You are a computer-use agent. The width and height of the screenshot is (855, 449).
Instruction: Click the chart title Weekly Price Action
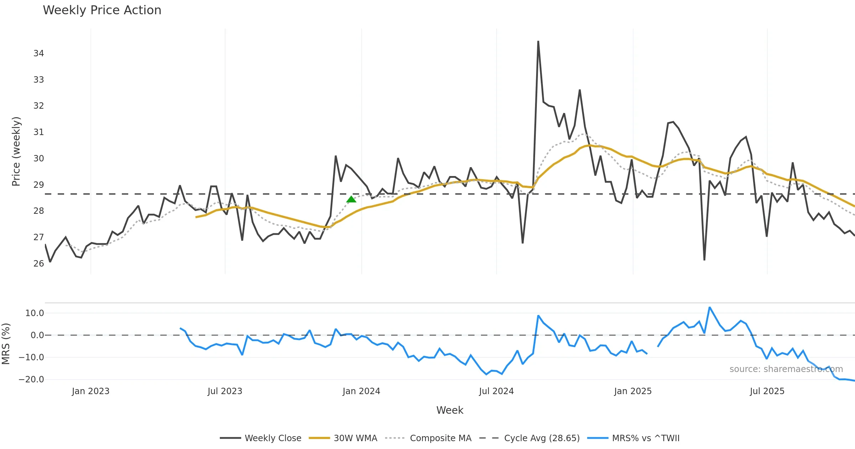pyautogui.click(x=102, y=10)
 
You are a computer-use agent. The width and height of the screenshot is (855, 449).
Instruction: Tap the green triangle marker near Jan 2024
pyautogui.click(x=351, y=200)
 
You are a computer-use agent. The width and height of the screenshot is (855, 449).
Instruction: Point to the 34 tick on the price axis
pyautogui.click(x=38, y=53)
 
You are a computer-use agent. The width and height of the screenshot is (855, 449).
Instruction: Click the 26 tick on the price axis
pyautogui.click(x=38, y=264)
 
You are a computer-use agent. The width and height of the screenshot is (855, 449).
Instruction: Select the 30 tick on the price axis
pyautogui.click(x=38, y=159)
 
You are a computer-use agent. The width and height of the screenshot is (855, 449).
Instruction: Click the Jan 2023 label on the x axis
pyautogui.click(x=90, y=391)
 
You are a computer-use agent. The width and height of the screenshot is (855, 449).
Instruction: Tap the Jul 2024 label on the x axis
pyautogui.click(x=496, y=391)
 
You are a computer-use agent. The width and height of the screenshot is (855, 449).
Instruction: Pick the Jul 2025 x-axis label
pyautogui.click(x=767, y=391)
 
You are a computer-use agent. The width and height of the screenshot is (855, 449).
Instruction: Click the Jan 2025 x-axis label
pyautogui.click(x=633, y=391)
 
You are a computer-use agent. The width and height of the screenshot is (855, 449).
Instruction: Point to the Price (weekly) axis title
pyautogui.click(x=16, y=151)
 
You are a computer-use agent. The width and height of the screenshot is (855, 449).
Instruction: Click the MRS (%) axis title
pyautogui.click(x=6, y=344)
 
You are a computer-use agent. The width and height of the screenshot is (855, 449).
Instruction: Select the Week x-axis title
pyautogui.click(x=450, y=411)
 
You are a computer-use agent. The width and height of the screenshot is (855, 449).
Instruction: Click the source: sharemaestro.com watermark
pyautogui.click(x=786, y=369)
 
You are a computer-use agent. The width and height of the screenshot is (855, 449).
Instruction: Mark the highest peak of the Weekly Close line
pyautogui.click(x=538, y=41)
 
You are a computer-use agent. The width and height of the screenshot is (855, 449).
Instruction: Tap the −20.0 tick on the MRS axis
pyautogui.click(x=31, y=380)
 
